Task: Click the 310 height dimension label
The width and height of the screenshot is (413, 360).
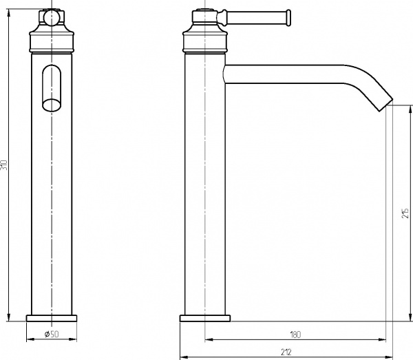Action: pos(5,165)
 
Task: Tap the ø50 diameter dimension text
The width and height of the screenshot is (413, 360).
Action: pos(51,335)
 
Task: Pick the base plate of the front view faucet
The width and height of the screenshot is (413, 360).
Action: pos(52,318)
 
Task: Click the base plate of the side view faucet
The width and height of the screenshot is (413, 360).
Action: pos(204,318)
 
